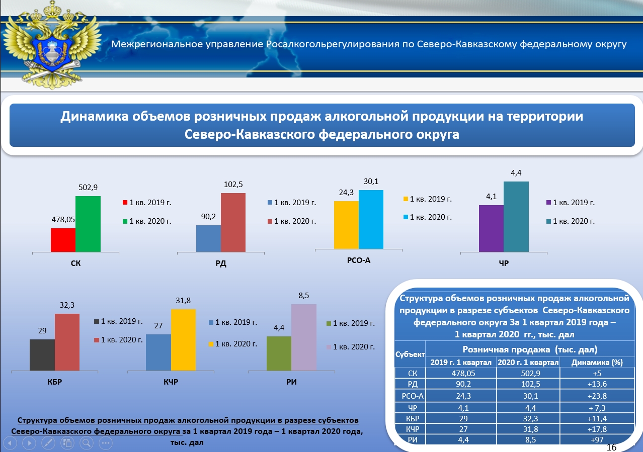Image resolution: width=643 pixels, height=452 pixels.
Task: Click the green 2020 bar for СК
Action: (x=88, y=224)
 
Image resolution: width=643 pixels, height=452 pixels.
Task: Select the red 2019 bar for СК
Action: (x=63, y=240)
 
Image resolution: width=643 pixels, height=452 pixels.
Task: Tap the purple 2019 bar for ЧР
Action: (x=491, y=228)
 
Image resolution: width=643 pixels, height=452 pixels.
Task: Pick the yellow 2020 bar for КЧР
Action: (x=183, y=340)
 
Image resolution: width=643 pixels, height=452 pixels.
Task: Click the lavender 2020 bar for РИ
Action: (x=304, y=337)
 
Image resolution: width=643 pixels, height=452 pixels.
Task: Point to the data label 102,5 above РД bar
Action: (x=233, y=184)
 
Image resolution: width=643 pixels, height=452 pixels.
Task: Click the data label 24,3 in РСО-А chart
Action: (x=346, y=193)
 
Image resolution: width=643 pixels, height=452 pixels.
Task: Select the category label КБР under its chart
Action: (x=55, y=382)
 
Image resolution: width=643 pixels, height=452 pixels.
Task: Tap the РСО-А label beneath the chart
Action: (x=359, y=260)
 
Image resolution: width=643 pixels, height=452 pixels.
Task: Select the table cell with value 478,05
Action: (x=461, y=373)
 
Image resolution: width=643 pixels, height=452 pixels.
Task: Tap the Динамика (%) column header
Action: (x=595, y=362)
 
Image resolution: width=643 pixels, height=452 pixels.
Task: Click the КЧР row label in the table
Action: (x=410, y=429)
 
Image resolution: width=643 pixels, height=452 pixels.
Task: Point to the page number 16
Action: (x=612, y=447)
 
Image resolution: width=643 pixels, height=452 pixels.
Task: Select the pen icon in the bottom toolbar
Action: (x=48, y=443)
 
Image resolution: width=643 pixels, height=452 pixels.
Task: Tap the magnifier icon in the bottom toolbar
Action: (x=87, y=443)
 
